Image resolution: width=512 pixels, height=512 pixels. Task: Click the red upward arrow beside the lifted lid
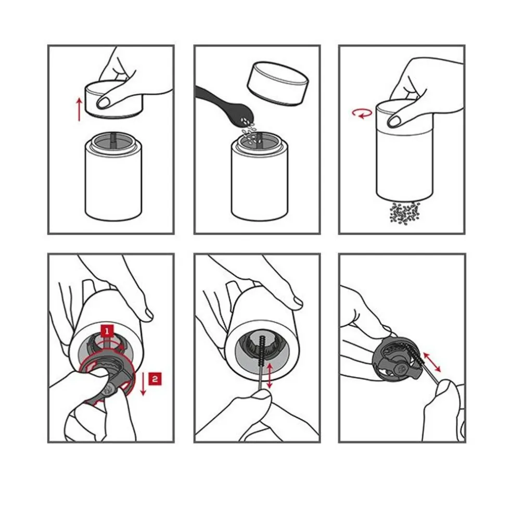(79, 110)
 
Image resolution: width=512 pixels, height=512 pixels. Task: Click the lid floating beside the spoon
(277, 84)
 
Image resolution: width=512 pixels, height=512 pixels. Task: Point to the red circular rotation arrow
(362, 113)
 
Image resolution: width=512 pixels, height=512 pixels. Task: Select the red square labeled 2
(155, 378)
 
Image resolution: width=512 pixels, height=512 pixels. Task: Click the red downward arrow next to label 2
(143, 383)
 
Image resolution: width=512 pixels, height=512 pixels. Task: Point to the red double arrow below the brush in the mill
(270, 376)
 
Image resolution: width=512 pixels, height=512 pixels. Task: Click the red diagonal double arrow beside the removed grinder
(432, 362)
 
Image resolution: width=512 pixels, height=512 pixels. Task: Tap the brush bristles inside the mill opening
(262, 350)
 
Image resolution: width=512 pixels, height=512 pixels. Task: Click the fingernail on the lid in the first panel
(103, 103)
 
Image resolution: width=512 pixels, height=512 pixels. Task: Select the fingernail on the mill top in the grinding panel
(393, 121)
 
